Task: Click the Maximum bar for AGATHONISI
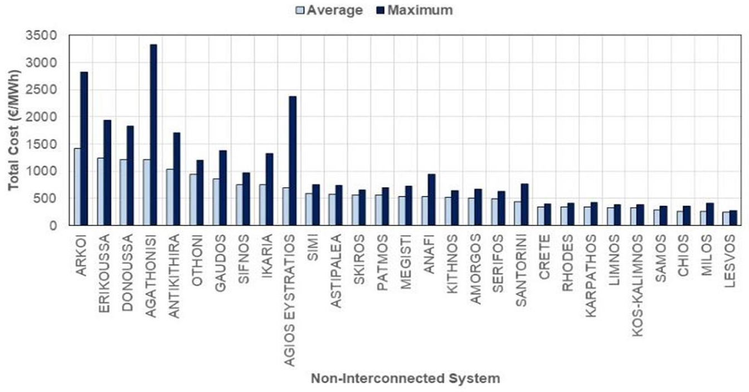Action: click(153, 135)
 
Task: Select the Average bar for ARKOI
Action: click(77, 187)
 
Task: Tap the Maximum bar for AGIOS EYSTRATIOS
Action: click(293, 161)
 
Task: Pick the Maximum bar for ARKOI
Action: click(84, 148)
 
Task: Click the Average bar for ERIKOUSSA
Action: click(100, 192)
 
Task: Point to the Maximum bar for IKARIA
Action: click(270, 189)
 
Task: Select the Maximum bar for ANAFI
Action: click(432, 199)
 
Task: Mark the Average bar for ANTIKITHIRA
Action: click(170, 197)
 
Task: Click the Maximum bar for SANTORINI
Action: click(524, 204)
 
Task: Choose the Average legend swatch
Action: click(300, 11)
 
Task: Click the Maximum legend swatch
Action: click(381, 11)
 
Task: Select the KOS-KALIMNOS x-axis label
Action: click(638, 286)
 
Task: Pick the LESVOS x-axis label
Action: click(730, 261)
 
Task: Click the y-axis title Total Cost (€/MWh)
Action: click(14, 130)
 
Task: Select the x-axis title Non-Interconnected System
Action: click(406, 378)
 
